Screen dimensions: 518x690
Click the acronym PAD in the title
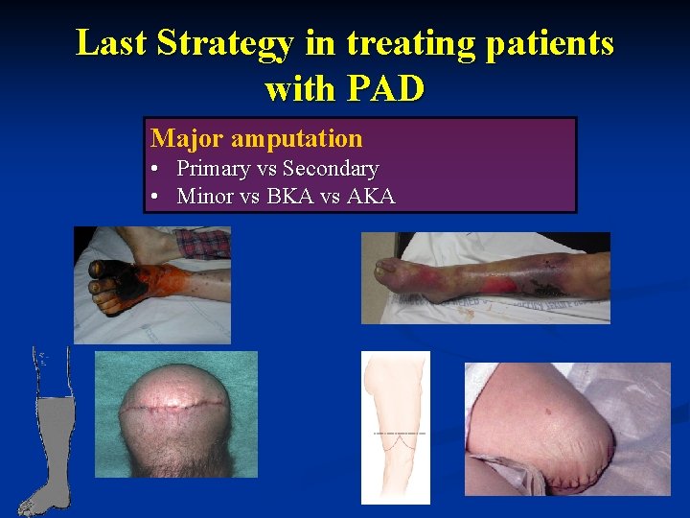click(385, 88)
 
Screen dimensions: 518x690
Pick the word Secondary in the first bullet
click(332, 169)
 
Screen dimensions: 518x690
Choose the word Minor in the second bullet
click(205, 197)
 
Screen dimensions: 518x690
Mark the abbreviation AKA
click(370, 197)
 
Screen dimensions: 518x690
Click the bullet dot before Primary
click(155, 170)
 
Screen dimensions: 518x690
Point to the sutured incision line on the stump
click(176, 407)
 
